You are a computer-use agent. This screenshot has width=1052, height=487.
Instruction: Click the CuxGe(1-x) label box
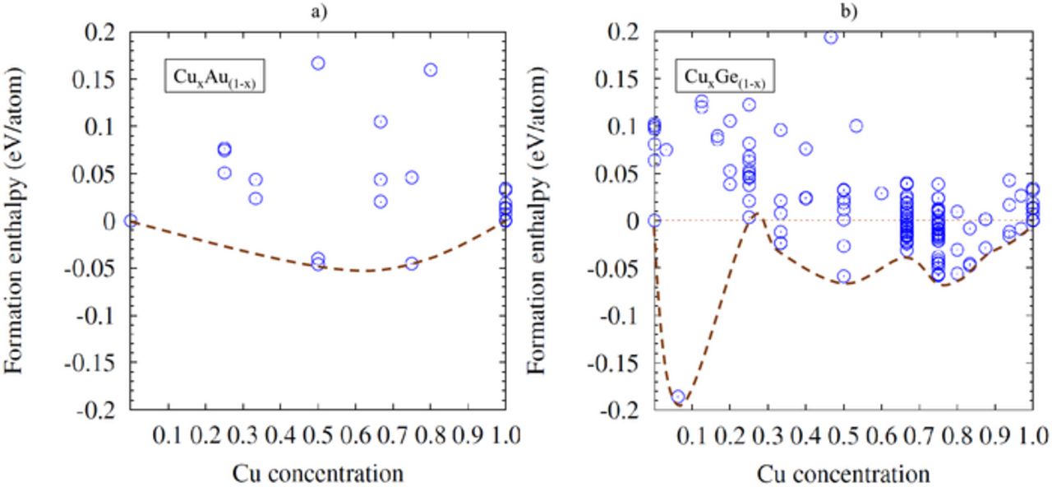(x=727, y=78)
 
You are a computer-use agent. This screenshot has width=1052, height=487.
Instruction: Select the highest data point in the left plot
(x=318, y=63)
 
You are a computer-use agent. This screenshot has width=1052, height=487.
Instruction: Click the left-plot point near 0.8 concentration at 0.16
(x=431, y=70)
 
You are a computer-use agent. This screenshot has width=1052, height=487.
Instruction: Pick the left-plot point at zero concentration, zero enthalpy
(x=131, y=220)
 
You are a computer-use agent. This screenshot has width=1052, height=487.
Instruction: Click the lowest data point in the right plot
(x=678, y=397)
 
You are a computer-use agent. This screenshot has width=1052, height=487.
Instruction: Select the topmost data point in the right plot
(x=831, y=37)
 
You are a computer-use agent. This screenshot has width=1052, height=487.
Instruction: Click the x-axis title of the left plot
(x=318, y=474)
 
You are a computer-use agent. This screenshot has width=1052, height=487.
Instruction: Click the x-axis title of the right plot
(x=843, y=474)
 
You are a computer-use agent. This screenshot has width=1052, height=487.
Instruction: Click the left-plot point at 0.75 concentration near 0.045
(x=412, y=178)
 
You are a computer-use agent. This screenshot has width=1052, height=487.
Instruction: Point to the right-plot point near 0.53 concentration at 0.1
(x=856, y=126)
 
